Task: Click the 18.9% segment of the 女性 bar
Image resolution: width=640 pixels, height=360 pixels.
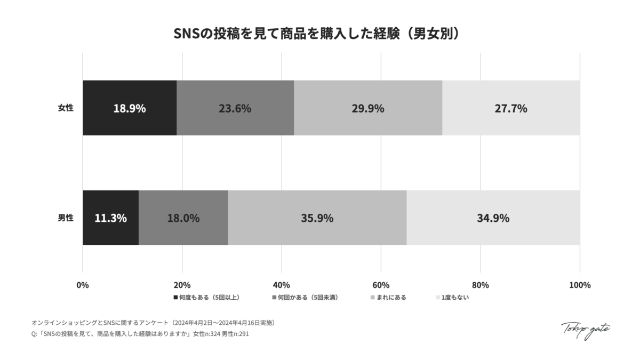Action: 130,108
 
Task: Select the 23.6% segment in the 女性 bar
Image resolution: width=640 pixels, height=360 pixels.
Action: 235,108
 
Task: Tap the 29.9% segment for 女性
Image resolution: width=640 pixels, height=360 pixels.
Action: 368,108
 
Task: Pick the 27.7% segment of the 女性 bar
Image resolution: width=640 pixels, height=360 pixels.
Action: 511,108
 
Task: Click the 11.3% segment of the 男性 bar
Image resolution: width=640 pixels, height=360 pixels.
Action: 111,218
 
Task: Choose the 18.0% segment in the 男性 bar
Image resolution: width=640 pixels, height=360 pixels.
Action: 183,218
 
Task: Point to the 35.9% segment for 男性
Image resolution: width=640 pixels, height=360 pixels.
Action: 317,218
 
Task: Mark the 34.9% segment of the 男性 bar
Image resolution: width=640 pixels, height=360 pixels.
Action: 493,218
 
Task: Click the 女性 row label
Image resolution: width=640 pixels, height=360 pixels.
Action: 66,108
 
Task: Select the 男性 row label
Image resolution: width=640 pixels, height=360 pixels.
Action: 66,218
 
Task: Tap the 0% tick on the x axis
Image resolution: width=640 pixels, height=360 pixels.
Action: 83,285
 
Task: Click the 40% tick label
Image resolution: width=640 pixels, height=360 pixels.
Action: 282,285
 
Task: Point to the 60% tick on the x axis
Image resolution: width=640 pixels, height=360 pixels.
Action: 381,285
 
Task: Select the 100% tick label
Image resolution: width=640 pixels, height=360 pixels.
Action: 580,285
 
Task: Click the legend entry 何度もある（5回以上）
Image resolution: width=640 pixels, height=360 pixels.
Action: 210,297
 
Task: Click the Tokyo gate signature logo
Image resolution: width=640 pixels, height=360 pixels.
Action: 586,330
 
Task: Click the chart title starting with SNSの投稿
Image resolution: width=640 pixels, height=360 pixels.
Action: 319,34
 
